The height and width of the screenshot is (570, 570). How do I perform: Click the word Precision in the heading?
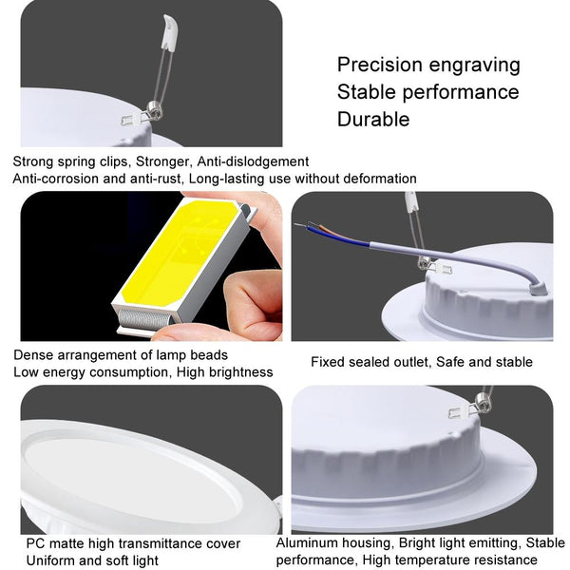click(x=380, y=66)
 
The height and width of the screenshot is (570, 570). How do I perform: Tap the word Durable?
click(x=373, y=120)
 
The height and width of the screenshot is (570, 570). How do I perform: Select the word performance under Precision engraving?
click(x=461, y=93)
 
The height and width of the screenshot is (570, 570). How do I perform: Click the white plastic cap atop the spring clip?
click(x=170, y=32)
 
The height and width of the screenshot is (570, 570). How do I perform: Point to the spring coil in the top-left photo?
click(x=154, y=111)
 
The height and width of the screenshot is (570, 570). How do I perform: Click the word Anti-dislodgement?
click(x=253, y=161)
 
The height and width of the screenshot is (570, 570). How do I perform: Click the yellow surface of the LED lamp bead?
click(x=180, y=253)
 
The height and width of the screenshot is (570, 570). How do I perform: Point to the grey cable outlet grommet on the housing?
click(x=538, y=289)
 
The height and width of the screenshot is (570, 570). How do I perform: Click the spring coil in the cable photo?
click(x=424, y=263)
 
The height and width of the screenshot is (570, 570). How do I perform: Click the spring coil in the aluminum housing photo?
click(x=483, y=404)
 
